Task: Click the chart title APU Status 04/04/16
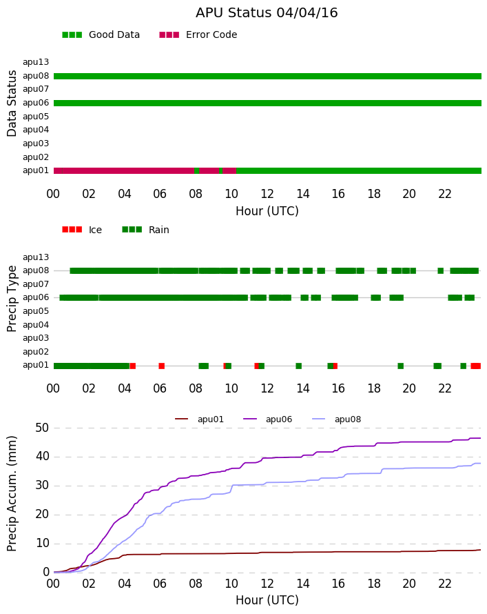tap(267, 13)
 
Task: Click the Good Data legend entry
tap(101, 35)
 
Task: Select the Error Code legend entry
tap(198, 35)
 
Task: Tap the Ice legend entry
tap(82, 230)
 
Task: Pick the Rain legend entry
tap(145, 230)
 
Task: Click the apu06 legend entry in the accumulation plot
tap(268, 419)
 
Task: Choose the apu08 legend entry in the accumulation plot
tap(337, 419)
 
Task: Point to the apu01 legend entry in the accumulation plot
tap(199, 419)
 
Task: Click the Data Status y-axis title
tap(12, 103)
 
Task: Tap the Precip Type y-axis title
tap(12, 299)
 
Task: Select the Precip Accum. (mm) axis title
tap(12, 494)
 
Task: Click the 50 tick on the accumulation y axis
tap(42, 428)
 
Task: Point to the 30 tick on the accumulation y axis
tap(42, 486)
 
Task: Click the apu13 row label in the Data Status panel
tap(36, 62)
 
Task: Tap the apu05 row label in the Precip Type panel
tap(36, 311)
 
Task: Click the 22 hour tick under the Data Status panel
tap(445, 194)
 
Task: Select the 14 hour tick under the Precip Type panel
tap(302, 388)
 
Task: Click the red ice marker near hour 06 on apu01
tap(161, 366)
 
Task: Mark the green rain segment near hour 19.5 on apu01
tap(401, 366)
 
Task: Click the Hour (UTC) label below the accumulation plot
tap(267, 600)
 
